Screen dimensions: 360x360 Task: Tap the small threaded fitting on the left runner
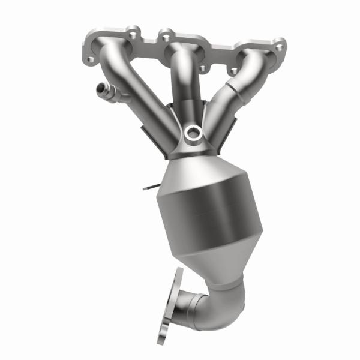point(101,92)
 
